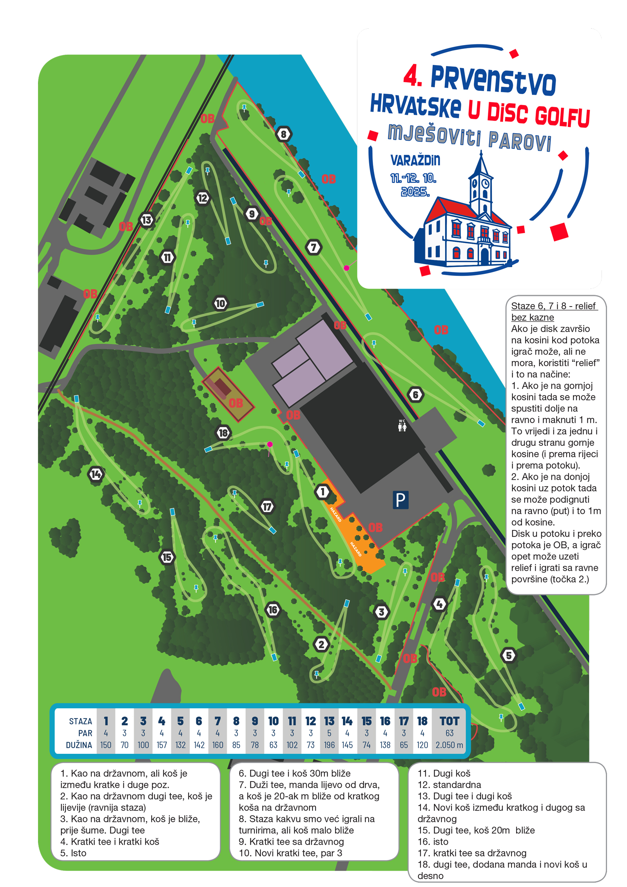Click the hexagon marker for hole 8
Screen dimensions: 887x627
click(x=283, y=134)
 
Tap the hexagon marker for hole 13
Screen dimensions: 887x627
click(x=147, y=220)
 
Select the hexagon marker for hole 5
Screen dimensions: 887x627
click(x=508, y=655)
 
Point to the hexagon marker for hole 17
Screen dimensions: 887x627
click(x=267, y=506)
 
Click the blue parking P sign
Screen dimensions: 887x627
click(x=400, y=500)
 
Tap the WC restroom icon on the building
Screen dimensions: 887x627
click(x=402, y=425)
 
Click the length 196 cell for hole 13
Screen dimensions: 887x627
click(x=329, y=745)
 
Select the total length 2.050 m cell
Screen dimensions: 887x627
click(x=449, y=745)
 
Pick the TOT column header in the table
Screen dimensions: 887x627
click(x=449, y=721)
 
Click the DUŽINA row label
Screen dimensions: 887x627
click(x=79, y=745)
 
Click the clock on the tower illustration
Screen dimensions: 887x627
click(x=485, y=183)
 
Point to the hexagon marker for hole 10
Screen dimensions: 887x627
click(x=220, y=303)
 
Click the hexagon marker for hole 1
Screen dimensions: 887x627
click(x=323, y=492)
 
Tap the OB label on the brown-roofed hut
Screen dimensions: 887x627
click(x=236, y=403)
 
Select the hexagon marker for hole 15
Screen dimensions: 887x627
click(x=167, y=557)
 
